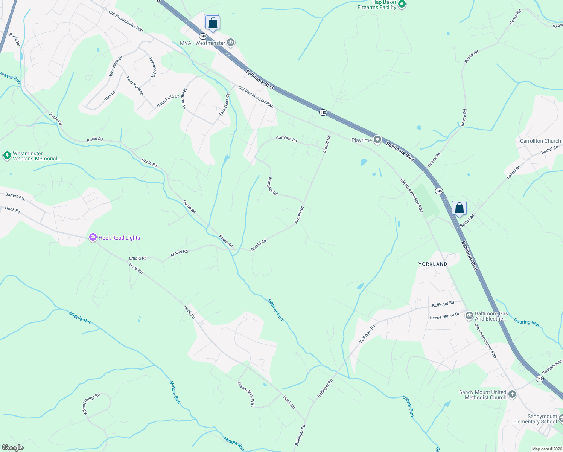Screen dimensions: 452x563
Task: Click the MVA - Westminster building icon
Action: [x=231, y=43]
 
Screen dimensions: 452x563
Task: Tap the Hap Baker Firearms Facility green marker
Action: [x=402, y=5]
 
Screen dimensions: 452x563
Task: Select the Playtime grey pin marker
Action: [x=377, y=140]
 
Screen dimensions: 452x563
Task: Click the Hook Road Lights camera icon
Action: [x=93, y=237]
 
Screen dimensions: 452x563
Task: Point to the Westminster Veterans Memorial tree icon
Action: [x=7, y=156]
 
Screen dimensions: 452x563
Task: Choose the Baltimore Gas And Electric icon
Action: [x=469, y=316]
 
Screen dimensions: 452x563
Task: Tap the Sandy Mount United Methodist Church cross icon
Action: [x=512, y=394]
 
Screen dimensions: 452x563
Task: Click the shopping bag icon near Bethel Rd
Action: [x=459, y=208]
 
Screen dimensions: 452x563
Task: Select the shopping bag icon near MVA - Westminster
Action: [x=213, y=23]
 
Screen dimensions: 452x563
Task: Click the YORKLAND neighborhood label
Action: [x=433, y=264]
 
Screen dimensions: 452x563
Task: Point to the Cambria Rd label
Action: [x=286, y=139]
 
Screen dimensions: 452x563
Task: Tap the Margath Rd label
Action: [x=272, y=186]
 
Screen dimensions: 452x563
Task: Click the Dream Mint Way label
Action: [x=246, y=394]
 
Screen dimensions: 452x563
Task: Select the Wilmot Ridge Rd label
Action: [x=91, y=404]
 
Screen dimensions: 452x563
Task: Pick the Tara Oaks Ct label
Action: [x=224, y=105]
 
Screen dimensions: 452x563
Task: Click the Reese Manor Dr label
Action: [x=444, y=316]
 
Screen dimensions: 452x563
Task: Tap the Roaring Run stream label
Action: [x=526, y=323]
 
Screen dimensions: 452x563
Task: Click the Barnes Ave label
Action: [x=15, y=196]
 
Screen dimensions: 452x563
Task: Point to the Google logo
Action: [x=13, y=447]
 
